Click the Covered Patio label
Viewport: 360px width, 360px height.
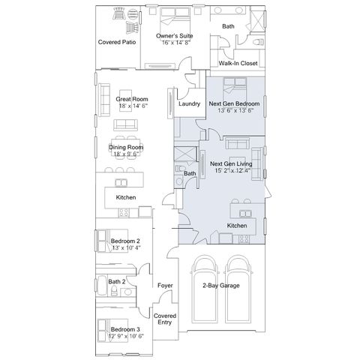pos(117,42)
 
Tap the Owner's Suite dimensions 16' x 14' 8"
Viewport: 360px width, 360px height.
pos(176,43)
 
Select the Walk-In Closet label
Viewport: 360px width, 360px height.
pos(238,63)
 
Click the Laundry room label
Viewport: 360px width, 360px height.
pos(189,103)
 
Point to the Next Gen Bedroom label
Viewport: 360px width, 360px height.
pos(234,103)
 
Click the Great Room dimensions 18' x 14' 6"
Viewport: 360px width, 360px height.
pos(133,106)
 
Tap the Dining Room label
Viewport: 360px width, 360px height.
pos(126,147)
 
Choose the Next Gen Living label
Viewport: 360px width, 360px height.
pos(231,163)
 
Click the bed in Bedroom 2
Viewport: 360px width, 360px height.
pos(112,241)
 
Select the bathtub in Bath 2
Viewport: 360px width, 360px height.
pos(102,286)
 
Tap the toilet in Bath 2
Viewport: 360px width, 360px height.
pos(114,291)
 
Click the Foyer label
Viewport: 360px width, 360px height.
pos(165,285)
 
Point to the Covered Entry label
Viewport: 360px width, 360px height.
pos(165,319)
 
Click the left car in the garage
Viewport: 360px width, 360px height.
pos(205,289)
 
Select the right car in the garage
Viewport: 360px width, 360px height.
pos(238,289)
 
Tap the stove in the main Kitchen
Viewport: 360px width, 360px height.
pos(124,212)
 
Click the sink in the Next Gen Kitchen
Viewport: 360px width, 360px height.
pos(245,214)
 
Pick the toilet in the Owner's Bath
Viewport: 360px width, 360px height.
pos(259,42)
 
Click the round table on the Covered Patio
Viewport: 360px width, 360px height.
pos(133,13)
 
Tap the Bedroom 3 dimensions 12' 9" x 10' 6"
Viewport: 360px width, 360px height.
pos(126,336)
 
